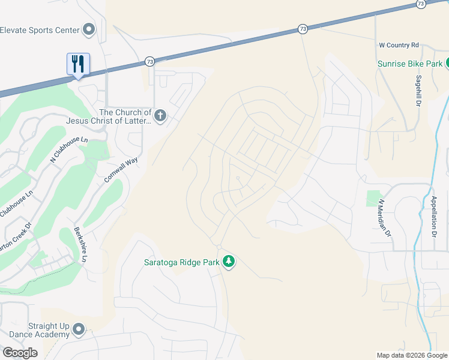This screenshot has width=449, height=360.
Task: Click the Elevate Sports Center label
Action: [40, 29]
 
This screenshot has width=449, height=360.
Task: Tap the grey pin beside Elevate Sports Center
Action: [89, 29]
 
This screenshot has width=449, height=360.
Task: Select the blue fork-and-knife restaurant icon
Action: [78, 64]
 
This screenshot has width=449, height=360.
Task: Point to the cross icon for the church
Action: [160, 116]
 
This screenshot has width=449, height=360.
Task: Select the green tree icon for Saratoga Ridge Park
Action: [228, 262]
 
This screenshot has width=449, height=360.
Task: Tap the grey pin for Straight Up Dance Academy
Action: [79, 329]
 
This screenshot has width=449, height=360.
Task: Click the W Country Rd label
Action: [399, 45]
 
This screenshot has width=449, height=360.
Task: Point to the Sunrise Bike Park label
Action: [410, 64]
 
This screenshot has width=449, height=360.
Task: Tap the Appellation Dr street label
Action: [433, 214]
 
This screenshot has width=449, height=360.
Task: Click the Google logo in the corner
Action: [20, 353]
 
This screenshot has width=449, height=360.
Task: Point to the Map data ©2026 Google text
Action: [412, 355]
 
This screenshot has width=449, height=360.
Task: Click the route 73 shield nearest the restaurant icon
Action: [149, 61]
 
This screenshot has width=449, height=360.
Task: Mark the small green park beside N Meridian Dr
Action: [373, 199]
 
